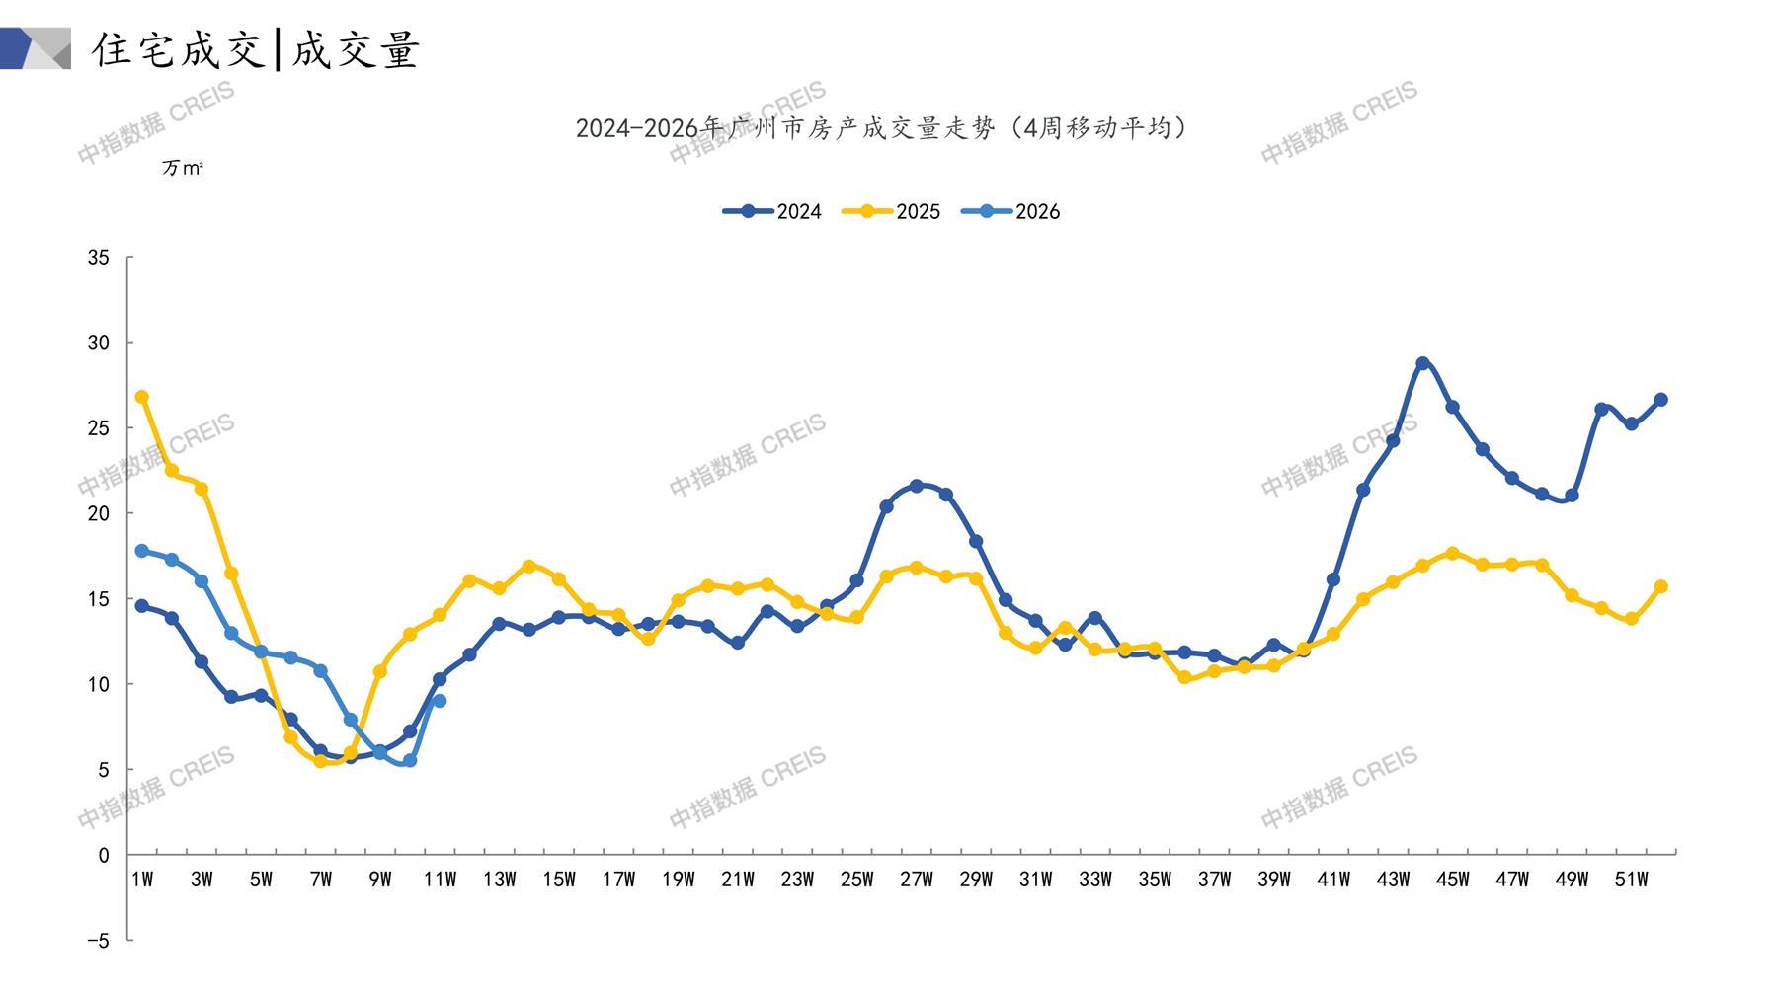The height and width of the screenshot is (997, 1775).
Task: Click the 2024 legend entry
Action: (x=772, y=211)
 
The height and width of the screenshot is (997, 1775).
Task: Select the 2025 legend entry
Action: (x=891, y=211)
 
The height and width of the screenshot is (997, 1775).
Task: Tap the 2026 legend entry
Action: (x=1010, y=211)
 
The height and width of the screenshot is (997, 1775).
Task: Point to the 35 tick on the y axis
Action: (x=99, y=258)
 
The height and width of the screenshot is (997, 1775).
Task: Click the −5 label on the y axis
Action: (x=98, y=941)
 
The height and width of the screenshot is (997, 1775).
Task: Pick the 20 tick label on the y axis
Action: (x=99, y=513)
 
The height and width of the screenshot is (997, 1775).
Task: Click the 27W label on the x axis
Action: (x=916, y=880)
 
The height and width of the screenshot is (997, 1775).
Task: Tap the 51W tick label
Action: (x=1631, y=880)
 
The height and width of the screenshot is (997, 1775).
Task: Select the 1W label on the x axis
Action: (x=142, y=880)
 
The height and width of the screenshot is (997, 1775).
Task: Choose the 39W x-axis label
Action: (x=1273, y=880)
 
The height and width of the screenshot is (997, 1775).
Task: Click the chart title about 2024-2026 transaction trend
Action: (x=882, y=128)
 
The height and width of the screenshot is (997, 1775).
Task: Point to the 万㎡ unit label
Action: (x=183, y=169)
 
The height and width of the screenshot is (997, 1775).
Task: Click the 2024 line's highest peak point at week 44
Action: (x=1422, y=363)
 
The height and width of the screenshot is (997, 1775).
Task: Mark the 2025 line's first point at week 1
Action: (x=142, y=397)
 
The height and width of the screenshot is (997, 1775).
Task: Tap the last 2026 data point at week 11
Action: (x=440, y=701)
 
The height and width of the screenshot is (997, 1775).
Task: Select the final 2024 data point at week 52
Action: (x=1660, y=400)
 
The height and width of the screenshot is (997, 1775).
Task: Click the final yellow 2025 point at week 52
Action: (x=1660, y=586)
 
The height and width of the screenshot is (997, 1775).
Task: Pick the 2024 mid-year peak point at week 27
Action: (x=916, y=486)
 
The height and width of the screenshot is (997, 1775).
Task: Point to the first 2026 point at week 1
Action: (x=142, y=551)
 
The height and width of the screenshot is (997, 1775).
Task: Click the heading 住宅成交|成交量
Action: (x=257, y=49)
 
